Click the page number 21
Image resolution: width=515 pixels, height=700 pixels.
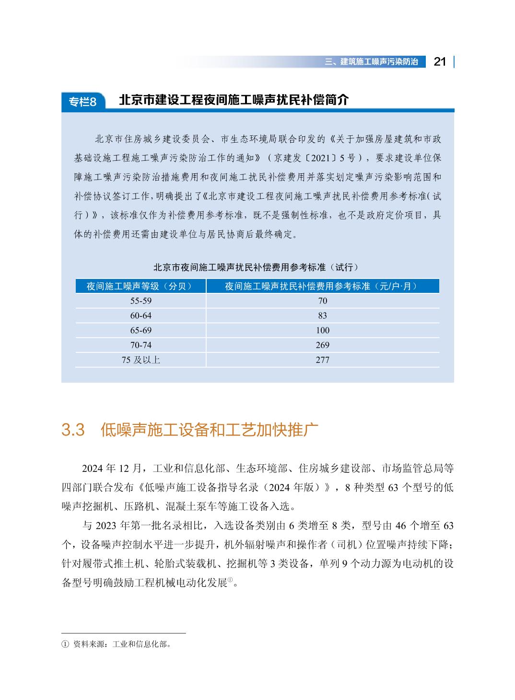[439, 61]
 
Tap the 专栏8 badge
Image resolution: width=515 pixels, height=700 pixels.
[82, 102]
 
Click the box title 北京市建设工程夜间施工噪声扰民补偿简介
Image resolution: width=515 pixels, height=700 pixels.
[234, 100]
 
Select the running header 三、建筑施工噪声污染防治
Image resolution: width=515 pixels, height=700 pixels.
[371, 62]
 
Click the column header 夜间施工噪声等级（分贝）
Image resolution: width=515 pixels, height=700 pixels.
[140, 286]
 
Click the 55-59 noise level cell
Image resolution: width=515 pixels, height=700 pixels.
[140, 301]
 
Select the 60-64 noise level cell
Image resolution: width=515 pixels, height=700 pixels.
[140, 315]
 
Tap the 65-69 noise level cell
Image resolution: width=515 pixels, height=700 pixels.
[140, 330]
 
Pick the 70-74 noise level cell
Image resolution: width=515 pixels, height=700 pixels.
[140, 345]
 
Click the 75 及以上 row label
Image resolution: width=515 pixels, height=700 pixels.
[140, 360]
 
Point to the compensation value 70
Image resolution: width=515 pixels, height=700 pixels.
[322, 301]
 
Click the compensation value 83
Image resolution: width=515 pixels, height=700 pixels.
[322, 315]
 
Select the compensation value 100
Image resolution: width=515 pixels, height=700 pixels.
[322, 330]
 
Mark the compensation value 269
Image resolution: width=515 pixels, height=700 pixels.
[322, 345]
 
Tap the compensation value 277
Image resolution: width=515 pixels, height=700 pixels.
[322, 360]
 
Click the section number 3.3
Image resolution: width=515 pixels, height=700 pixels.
[73, 430]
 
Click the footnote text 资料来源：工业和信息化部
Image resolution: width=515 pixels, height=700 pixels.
[122, 644]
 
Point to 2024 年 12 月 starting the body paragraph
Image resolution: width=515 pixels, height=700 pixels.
[112, 468]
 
